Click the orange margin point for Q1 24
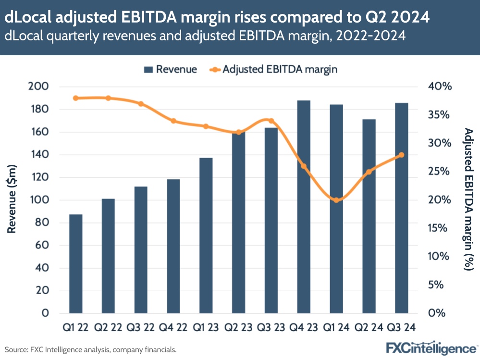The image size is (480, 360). pos(336,200)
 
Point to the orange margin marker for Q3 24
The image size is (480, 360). pos(401,155)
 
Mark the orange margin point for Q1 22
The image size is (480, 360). pos(75,98)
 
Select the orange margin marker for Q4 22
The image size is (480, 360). pos(173,121)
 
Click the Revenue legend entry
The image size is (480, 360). pos(171,69)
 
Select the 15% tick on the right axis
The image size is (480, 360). pos(440,228)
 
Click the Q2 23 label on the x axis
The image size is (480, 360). pos(238,327)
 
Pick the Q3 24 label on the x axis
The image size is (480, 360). pos(401,327)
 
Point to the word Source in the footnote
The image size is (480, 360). pos(15,349)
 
